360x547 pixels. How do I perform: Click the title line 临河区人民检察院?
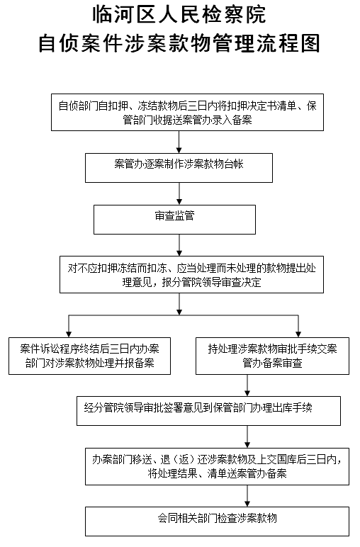(x=179, y=15)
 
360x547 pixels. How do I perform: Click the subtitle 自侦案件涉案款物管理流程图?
(x=179, y=43)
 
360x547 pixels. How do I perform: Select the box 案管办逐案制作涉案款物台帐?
(x=179, y=168)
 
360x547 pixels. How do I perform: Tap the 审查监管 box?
(x=174, y=220)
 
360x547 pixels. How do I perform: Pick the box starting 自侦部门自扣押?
(x=187, y=113)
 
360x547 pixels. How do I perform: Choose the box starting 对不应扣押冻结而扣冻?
(x=191, y=274)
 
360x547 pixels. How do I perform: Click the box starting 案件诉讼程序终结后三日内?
(x=90, y=356)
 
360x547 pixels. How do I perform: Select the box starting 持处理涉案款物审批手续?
(x=272, y=356)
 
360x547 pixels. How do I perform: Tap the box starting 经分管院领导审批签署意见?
(x=208, y=410)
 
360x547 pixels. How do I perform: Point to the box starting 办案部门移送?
(x=217, y=466)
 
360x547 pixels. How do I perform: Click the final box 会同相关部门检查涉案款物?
(x=217, y=521)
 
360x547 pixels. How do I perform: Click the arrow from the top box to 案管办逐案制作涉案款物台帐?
(x=179, y=142)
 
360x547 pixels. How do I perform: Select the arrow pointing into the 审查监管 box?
(x=179, y=193)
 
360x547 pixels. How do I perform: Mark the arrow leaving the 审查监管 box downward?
(x=179, y=245)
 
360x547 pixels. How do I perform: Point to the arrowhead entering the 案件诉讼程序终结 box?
(x=69, y=334)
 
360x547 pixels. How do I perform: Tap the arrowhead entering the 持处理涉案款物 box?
(x=298, y=334)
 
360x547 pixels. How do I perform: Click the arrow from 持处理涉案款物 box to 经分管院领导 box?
(x=247, y=385)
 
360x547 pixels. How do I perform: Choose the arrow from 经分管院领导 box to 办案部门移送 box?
(x=247, y=436)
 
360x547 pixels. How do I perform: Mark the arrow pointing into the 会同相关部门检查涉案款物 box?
(x=247, y=496)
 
